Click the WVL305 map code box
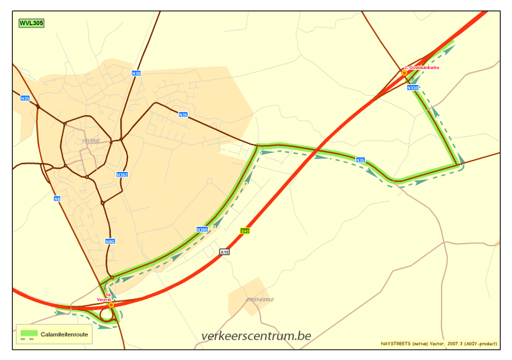pyautogui.click(x=31, y=22)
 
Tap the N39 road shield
pyautogui.click(x=136, y=74)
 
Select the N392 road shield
pyautogui.click(x=122, y=175)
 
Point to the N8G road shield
pyautogui.click(x=109, y=241)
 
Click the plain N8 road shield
pyautogui.click(x=57, y=198)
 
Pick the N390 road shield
pyautogui.click(x=202, y=229)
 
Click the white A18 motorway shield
pyautogui.click(x=224, y=252)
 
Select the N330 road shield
pyautogui.click(x=413, y=88)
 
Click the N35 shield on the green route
pyautogui.click(x=360, y=160)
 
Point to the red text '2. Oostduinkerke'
pyautogui.click(x=422, y=67)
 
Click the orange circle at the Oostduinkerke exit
pyautogui.click(x=404, y=74)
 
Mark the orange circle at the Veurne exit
pyautogui.click(x=111, y=305)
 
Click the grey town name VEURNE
pyautogui.click(x=92, y=141)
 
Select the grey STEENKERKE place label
pyautogui.click(x=260, y=299)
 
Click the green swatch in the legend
pyautogui.click(x=29, y=333)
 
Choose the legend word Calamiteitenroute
pyautogui.click(x=65, y=333)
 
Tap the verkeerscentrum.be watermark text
pyautogui.click(x=255, y=336)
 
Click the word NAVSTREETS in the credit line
pyautogui.click(x=395, y=343)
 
